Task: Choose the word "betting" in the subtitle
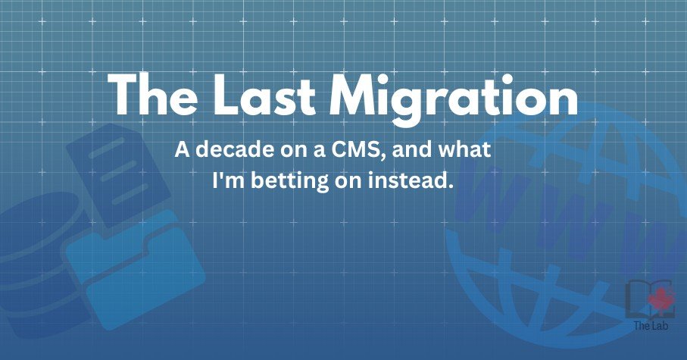pos(289,180)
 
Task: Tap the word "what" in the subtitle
pos(465,149)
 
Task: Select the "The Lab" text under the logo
pos(651,325)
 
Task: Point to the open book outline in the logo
pos(647,298)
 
